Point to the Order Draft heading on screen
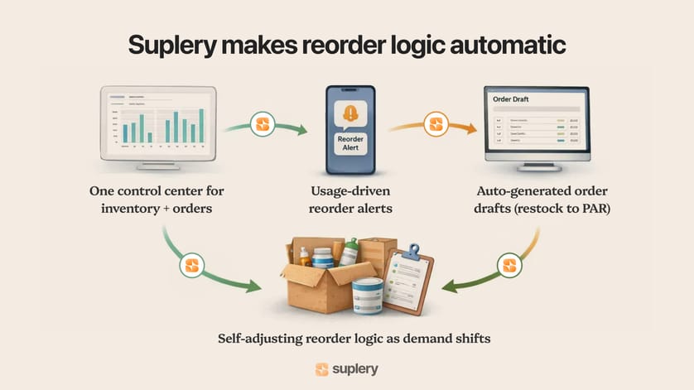tap(513, 99)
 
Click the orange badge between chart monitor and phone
tap(263, 125)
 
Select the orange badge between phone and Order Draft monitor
tap(436, 126)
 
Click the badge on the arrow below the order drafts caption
tap(511, 266)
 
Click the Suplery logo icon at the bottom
tap(322, 369)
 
